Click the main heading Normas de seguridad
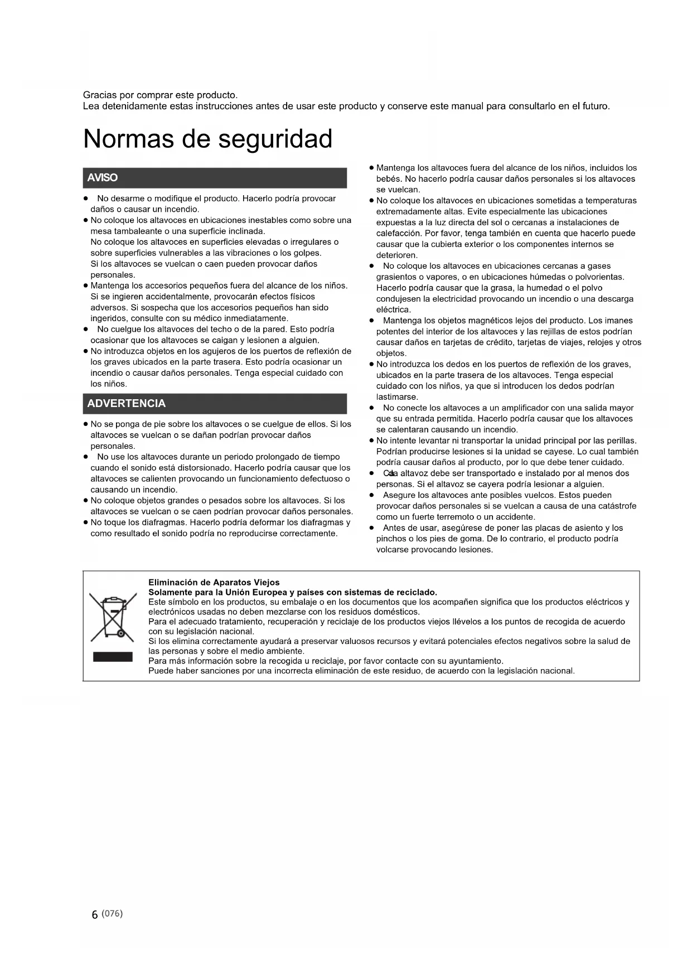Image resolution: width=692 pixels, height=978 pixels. [207, 139]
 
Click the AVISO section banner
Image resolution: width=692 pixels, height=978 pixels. [215, 178]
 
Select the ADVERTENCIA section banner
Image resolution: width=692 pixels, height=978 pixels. [215, 403]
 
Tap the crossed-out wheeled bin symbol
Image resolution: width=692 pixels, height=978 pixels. [113, 617]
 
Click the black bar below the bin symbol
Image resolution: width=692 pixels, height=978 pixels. [113, 656]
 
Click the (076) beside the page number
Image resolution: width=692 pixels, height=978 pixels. [113, 913]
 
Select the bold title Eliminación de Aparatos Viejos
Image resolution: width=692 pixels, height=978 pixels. [214, 582]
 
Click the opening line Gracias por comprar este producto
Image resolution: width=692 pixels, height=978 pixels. [160, 95]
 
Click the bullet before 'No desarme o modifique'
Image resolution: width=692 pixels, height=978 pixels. [86, 198]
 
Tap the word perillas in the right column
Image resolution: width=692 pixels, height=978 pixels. [621, 440]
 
